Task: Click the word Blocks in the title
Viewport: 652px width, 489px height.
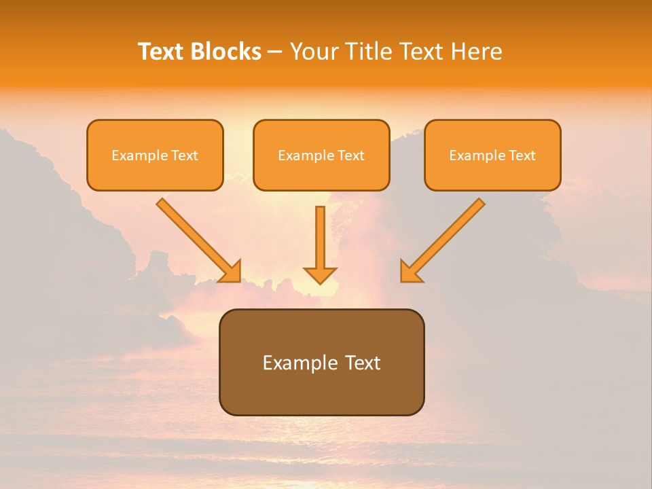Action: click(x=226, y=52)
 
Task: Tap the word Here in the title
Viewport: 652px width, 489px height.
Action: click(x=475, y=52)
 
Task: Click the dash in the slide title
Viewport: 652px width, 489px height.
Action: click(x=275, y=52)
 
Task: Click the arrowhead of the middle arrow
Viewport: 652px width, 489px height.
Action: click(x=320, y=275)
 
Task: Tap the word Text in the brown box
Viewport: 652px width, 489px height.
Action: click(x=362, y=363)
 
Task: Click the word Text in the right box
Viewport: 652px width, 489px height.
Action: click(x=522, y=156)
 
